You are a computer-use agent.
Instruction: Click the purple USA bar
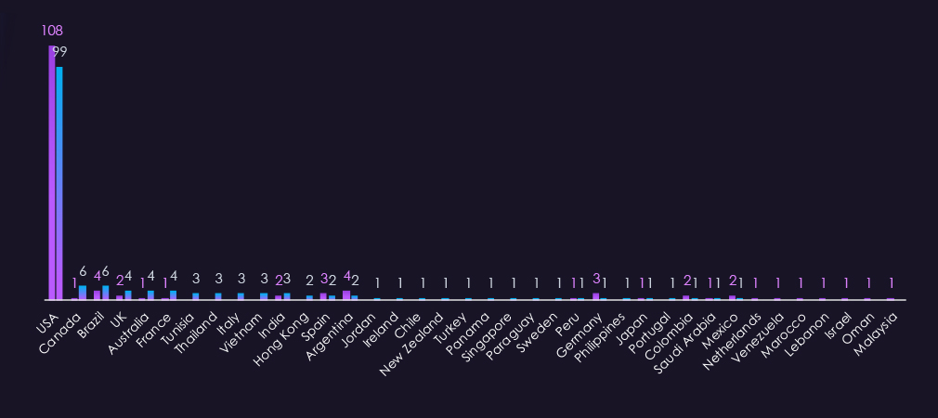click(x=52, y=173)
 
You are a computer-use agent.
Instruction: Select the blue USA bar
click(x=59, y=183)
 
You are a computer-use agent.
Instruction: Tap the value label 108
click(x=52, y=31)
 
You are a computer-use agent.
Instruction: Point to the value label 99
click(x=59, y=51)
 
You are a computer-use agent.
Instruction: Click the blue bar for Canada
click(x=83, y=293)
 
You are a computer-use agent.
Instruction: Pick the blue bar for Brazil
click(x=105, y=293)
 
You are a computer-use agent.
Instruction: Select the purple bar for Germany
click(x=596, y=296)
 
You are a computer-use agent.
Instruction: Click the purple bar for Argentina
click(x=346, y=295)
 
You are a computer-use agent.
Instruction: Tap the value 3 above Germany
click(x=596, y=278)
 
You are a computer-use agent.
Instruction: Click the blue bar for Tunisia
click(x=196, y=296)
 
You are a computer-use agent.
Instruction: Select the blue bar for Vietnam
click(x=264, y=296)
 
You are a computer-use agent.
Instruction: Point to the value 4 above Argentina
click(x=346, y=276)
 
